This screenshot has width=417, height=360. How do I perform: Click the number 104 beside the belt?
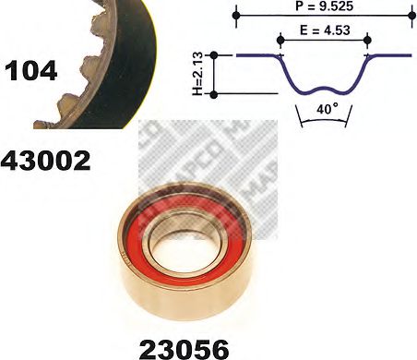point(30,69)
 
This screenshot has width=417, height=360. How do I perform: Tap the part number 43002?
point(46,162)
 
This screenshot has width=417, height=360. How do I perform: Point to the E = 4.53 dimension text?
point(322,30)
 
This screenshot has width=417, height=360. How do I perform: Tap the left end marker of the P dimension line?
point(238,17)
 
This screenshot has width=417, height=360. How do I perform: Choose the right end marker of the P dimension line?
point(407,17)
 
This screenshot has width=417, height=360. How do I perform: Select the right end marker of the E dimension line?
point(368,40)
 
